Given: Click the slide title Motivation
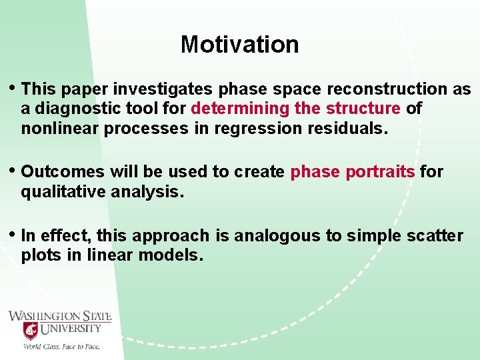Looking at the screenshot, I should tap(239, 45).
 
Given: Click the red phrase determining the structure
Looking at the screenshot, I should tap(295, 109).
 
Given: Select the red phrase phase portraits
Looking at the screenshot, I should tap(353, 172).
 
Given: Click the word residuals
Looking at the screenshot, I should tap(347, 128).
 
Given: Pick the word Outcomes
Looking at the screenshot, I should tap(63, 172).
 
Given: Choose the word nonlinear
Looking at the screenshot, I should tap(57, 128).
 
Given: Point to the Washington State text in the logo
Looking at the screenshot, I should tap(60, 316).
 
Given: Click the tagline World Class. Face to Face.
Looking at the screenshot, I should tap(61, 346).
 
